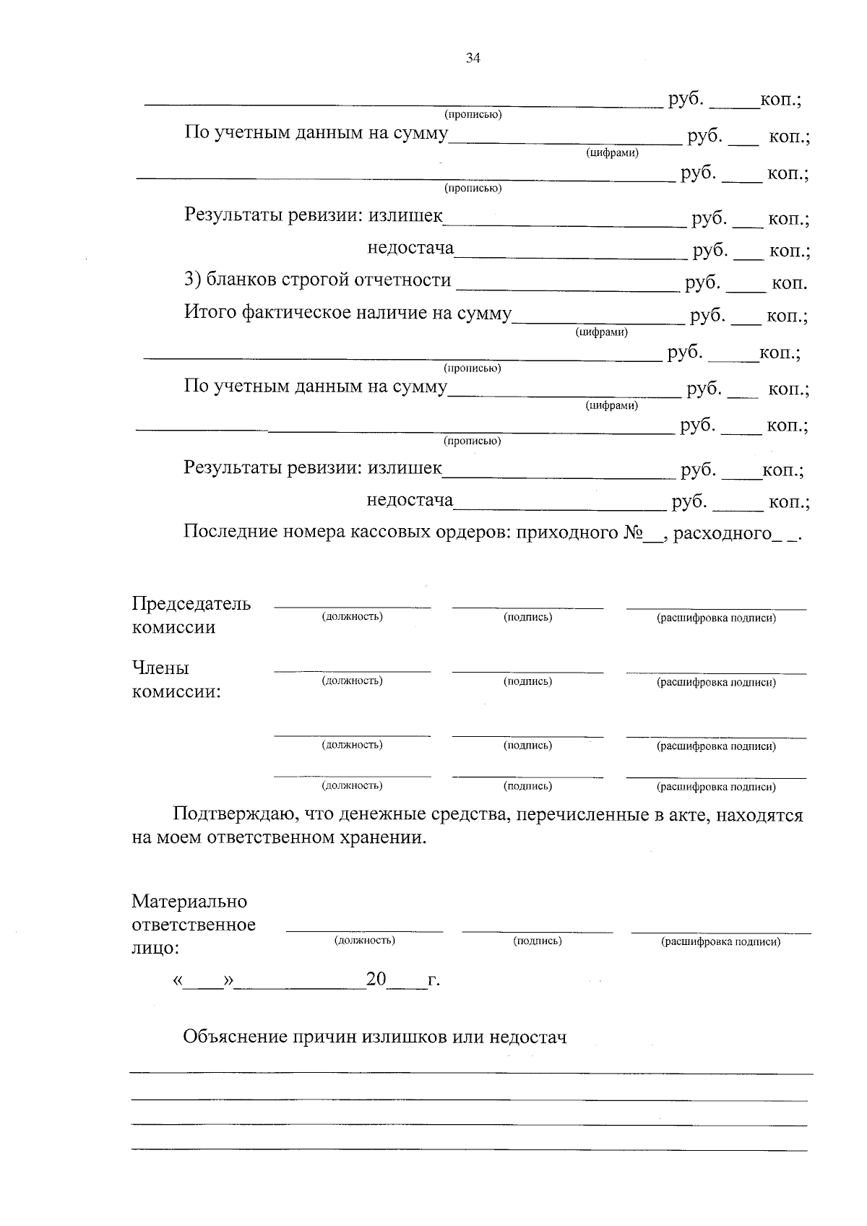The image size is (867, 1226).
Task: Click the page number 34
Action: click(x=473, y=59)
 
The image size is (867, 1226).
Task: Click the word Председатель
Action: click(x=191, y=604)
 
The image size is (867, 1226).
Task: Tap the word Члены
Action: click(x=160, y=668)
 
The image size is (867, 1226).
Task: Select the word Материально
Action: click(x=189, y=902)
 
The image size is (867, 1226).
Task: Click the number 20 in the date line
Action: click(x=376, y=980)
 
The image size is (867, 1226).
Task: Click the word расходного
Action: click(x=722, y=534)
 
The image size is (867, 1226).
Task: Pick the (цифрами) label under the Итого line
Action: click(x=602, y=332)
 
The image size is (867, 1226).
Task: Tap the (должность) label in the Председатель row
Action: click(x=352, y=617)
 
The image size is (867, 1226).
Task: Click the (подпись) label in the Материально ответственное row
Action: click(x=538, y=941)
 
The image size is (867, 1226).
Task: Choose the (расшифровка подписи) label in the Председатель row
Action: click(x=716, y=618)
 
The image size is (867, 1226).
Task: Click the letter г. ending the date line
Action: click(x=433, y=981)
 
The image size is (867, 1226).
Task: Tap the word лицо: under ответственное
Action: click(x=155, y=948)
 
